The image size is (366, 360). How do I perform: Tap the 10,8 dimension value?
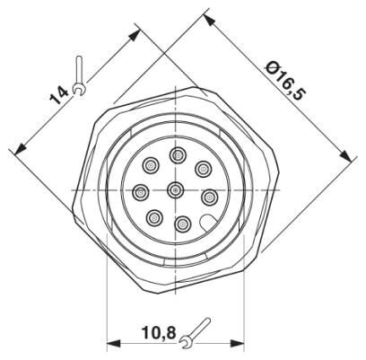pos(158,333)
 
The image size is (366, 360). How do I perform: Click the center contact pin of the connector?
pos(175,189)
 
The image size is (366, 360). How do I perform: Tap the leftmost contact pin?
pos(141,191)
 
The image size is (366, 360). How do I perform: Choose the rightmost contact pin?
pos(209,196)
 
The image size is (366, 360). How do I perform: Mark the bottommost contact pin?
pos(182,224)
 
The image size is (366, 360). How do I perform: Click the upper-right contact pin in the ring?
pos(203,168)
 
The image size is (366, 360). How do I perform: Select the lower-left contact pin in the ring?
pos(154,216)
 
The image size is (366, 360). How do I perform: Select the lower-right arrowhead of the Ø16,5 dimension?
pos(347,158)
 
